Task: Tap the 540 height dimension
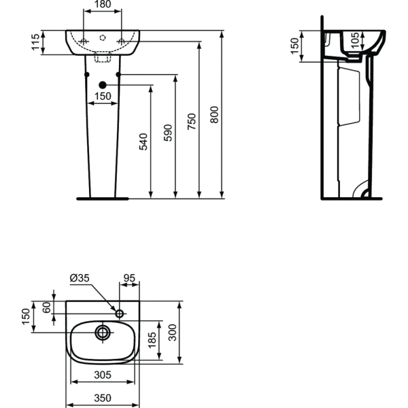pos(143,141)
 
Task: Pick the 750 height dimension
pos(192,120)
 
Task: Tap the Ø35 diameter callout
pos(79,277)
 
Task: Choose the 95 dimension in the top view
pos(129,277)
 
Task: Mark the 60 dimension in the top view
pos(46,306)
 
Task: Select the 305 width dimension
pos(102,375)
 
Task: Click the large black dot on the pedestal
pos(103,84)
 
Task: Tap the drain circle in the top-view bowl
pos(103,333)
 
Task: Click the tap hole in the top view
pos(120,313)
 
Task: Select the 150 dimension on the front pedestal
pos(102,97)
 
